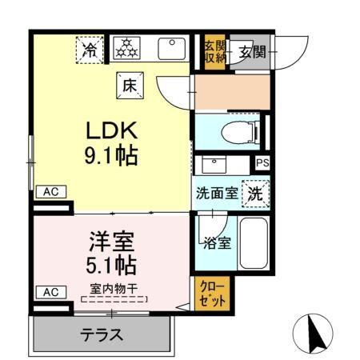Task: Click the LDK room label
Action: (112, 130)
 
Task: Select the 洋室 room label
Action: (111, 240)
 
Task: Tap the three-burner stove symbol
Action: (125, 50)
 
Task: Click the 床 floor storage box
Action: (129, 84)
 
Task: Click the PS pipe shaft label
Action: (262, 163)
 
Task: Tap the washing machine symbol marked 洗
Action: (254, 192)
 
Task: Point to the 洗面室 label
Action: (216, 194)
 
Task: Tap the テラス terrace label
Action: (102, 334)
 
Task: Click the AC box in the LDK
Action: (50, 191)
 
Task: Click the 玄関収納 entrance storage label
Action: (212, 52)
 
